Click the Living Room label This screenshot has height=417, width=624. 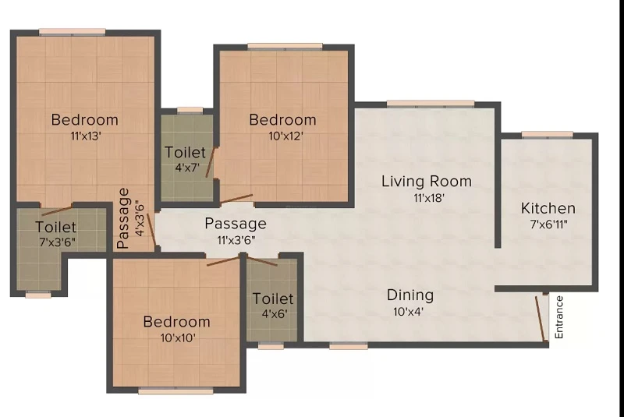point(427,182)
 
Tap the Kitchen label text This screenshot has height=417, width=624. point(548,208)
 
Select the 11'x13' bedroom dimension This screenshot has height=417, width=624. point(86,136)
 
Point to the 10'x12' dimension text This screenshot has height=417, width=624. point(285,136)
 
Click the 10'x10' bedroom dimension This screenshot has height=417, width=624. point(178,338)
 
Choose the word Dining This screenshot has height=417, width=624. point(410,295)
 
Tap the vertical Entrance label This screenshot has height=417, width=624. point(559,317)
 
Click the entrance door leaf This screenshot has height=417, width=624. point(541,319)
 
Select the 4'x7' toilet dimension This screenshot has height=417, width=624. point(187,167)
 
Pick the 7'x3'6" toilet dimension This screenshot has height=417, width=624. point(57,242)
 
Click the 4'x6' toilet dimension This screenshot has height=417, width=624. point(275,313)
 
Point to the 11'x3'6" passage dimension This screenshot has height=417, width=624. point(236,240)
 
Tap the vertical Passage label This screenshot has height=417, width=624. point(124,218)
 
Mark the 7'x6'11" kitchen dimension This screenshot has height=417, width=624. point(548,224)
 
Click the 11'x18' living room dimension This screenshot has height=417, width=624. point(428,197)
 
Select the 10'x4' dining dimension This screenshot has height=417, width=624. point(408,312)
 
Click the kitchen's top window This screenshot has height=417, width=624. point(548,135)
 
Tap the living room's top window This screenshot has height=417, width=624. point(431,104)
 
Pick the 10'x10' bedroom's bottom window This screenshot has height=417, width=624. point(175,391)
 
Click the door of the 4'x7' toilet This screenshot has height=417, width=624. point(211,162)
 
